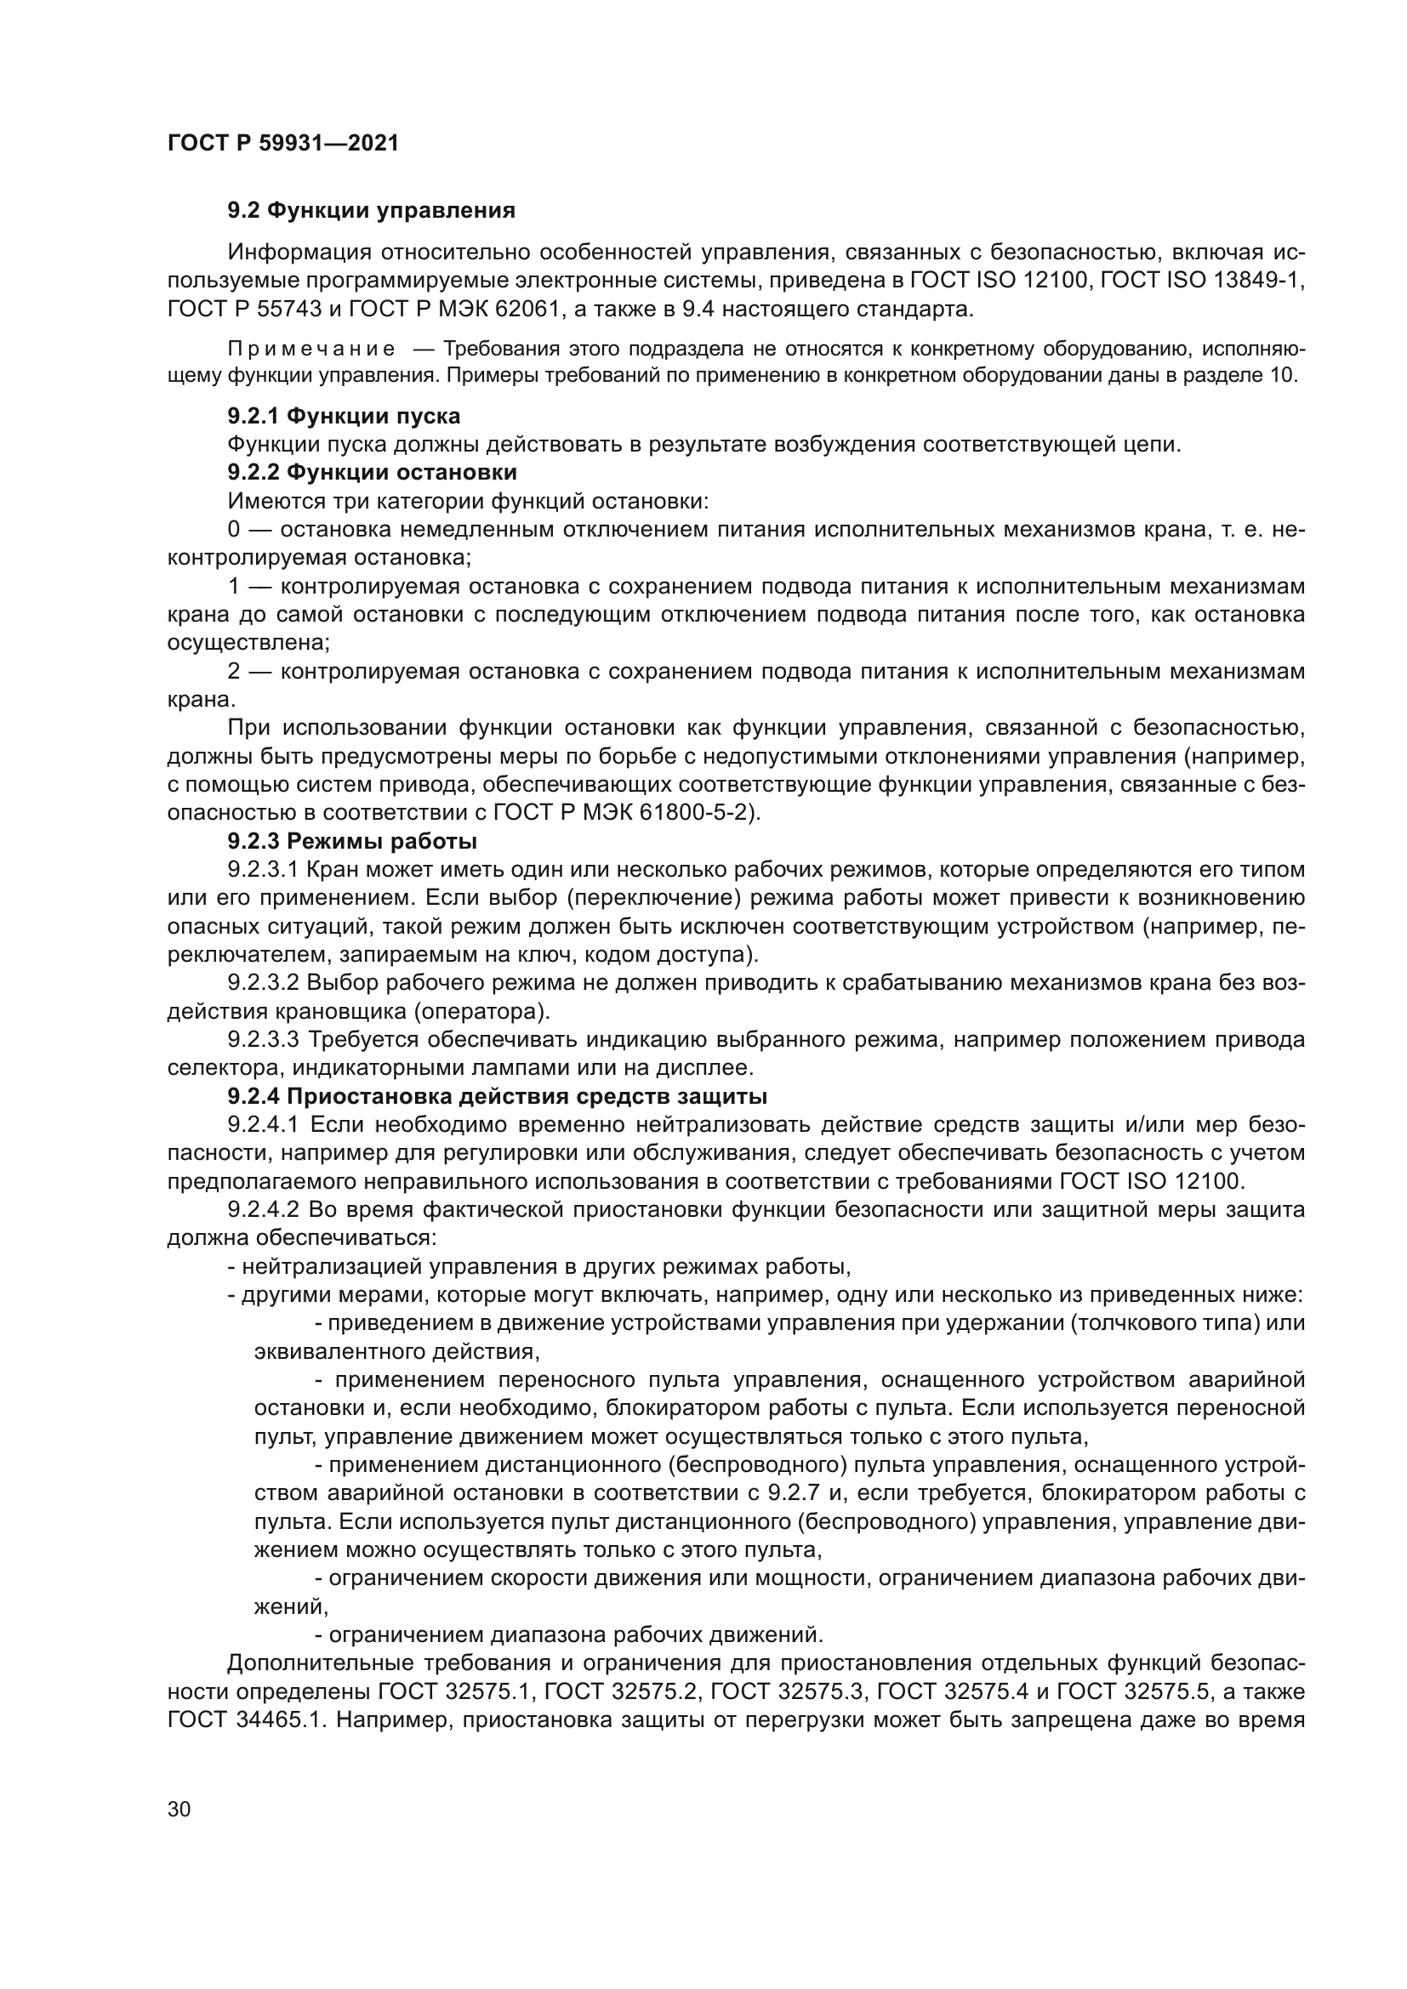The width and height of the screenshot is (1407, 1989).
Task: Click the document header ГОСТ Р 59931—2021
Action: [x=283, y=143]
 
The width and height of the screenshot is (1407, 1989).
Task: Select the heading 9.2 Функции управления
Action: [x=371, y=211]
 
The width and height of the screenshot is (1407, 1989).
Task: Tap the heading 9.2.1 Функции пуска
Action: [x=344, y=416]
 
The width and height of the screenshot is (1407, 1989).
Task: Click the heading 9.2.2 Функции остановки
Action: [x=373, y=472]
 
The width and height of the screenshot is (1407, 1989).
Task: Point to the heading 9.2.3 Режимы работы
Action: [x=353, y=841]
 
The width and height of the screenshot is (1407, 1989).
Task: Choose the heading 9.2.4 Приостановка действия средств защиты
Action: [x=498, y=1097]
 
